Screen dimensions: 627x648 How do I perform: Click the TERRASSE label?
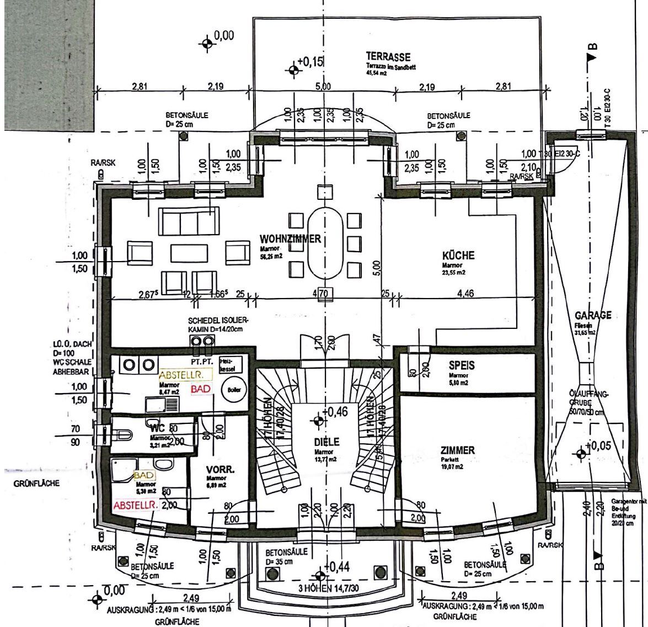tap(388, 57)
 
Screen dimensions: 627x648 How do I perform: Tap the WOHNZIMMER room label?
tap(290, 239)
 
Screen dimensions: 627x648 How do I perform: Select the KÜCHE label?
tap(458, 256)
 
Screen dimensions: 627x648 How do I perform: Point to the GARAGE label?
tap(593, 315)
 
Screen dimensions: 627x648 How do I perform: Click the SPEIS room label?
tap(462, 365)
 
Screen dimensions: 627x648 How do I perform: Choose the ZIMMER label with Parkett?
tap(457, 450)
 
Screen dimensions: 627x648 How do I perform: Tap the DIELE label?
tap(327, 442)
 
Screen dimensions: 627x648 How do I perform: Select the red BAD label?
tap(201, 389)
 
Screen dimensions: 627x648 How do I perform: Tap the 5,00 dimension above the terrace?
tap(323, 86)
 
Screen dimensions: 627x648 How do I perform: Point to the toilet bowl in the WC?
tap(124, 435)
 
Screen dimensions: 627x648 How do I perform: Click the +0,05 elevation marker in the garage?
tap(581, 453)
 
